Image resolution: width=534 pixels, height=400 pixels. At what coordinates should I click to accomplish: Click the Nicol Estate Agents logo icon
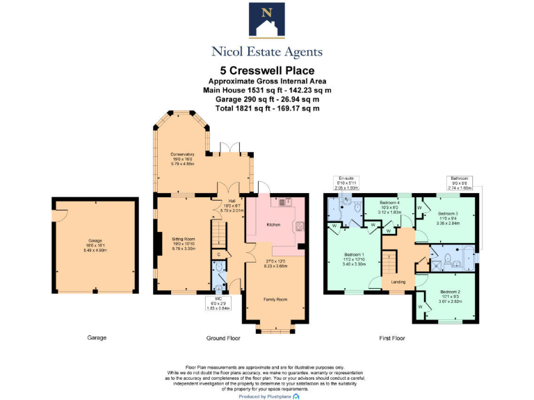(x=267, y=21)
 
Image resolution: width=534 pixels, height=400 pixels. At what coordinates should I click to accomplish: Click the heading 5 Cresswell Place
(x=267, y=70)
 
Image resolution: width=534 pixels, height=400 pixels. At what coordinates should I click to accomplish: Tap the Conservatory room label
(x=182, y=153)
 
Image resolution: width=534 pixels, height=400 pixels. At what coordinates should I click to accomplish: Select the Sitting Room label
(x=182, y=238)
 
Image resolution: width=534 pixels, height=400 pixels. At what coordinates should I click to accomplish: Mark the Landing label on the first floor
(x=398, y=281)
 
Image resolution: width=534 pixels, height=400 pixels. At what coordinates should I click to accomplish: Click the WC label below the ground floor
(x=218, y=299)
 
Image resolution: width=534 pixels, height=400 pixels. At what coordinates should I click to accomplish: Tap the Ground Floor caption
(x=222, y=337)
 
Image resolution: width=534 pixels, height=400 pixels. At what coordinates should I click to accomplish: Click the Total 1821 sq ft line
(x=267, y=108)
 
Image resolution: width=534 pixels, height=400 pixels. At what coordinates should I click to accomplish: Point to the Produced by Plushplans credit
(x=267, y=396)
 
